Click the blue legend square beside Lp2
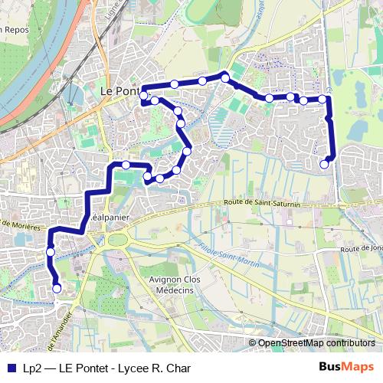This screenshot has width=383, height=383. coord(11,368)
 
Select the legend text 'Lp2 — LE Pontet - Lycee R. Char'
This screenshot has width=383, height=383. coord(106,368)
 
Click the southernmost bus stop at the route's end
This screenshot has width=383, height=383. coord(57,288)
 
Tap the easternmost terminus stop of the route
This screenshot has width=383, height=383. coord(325,163)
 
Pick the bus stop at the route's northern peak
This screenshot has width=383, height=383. coord(225,77)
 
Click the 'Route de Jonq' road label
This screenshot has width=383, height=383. coord(362,249)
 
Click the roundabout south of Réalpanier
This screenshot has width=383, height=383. coord(119,241)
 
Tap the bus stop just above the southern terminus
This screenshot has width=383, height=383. coord(51,252)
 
